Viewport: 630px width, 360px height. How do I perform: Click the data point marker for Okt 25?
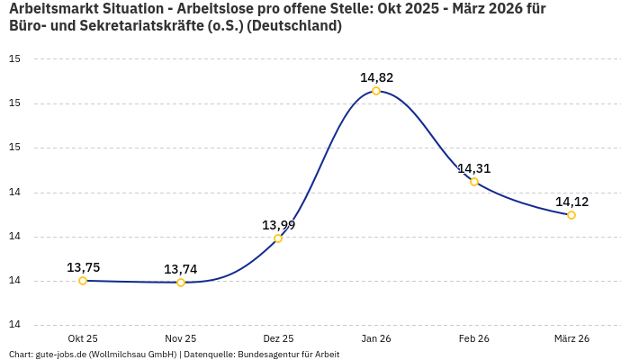coord(83,281)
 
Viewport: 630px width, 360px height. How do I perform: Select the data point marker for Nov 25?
coord(181,283)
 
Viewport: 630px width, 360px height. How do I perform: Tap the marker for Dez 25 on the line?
coord(278,238)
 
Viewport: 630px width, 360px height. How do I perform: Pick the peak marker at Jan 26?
coord(376,91)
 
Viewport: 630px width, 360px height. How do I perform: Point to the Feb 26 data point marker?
coord(474,182)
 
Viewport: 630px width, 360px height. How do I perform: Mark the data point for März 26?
coord(571,215)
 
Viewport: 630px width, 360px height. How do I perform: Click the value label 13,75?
coord(83,267)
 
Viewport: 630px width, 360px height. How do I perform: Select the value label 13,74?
coord(180,269)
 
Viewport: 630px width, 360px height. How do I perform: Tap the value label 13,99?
coord(278,225)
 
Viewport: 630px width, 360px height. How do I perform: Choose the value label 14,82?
coord(376,77)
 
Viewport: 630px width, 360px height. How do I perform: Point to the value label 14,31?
coord(473,168)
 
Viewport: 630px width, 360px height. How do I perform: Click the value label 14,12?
coord(571,202)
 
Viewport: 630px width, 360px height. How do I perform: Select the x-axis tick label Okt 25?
coord(83,338)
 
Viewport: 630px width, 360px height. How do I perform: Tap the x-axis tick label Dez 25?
coord(278,338)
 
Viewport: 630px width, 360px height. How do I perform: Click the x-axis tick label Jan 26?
coord(376,338)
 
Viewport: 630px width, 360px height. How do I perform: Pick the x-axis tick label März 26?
coord(571,338)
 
